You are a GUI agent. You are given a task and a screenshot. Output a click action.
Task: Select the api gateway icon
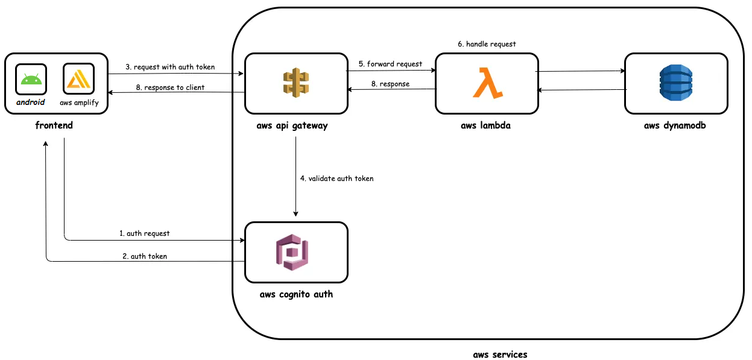point(295,83)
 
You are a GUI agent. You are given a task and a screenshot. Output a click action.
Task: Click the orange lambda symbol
point(487,83)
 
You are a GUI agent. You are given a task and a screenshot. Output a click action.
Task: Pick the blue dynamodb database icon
point(676,83)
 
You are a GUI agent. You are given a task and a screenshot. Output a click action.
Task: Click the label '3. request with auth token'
point(169,67)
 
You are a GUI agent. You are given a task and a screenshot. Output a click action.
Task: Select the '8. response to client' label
point(169,87)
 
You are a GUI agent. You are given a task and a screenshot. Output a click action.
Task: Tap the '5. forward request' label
point(390,63)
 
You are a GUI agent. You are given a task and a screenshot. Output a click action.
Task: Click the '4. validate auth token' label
point(337,178)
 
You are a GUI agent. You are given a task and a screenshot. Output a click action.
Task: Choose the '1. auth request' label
point(144,233)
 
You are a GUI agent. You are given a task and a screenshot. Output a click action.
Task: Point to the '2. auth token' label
point(144,256)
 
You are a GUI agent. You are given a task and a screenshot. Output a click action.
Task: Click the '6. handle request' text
point(487,44)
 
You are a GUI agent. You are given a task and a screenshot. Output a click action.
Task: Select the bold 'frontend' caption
point(54,126)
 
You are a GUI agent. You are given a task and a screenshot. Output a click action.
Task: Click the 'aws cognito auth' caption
point(295,295)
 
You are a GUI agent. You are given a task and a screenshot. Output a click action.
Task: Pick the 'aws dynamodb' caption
point(676,126)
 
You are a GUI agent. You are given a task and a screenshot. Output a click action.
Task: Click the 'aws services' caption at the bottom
point(500,355)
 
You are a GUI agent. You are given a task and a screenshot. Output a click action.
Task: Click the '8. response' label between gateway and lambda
point(390,84)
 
